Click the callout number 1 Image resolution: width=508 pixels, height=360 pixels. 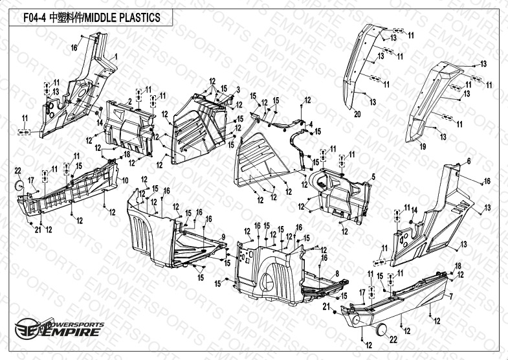(116, 57)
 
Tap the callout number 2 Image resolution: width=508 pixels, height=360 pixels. (130, 102)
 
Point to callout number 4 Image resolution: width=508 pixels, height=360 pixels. (311, 124)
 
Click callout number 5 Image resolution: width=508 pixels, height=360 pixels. (372, 175)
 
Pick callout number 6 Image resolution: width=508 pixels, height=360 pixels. (468, 160)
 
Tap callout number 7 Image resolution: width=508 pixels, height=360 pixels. (451, 297)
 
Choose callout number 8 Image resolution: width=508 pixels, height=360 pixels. (337, 275)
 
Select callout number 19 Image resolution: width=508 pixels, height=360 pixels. (423, 148)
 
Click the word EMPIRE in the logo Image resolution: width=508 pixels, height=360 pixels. (71, 332)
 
